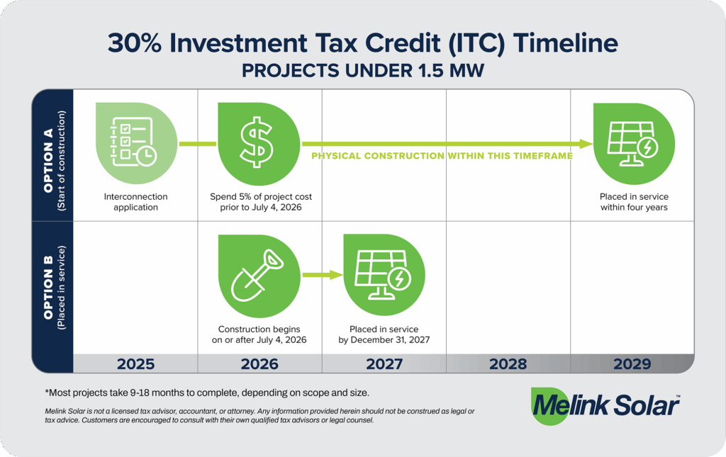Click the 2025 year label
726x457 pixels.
(x=135, y=363)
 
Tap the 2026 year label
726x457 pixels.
(x=259, y=363)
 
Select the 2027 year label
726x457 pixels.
(x=384, y=363)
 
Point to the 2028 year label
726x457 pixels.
(x=508, y=363)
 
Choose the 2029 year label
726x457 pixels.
(x=632, y=363)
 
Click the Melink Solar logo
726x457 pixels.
(x=604, y=406)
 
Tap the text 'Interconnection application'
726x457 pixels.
(x=135, y=202)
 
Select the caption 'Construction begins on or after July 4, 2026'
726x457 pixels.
(x=259, y=334)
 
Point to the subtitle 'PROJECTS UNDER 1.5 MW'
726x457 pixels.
(x=363, y=72)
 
